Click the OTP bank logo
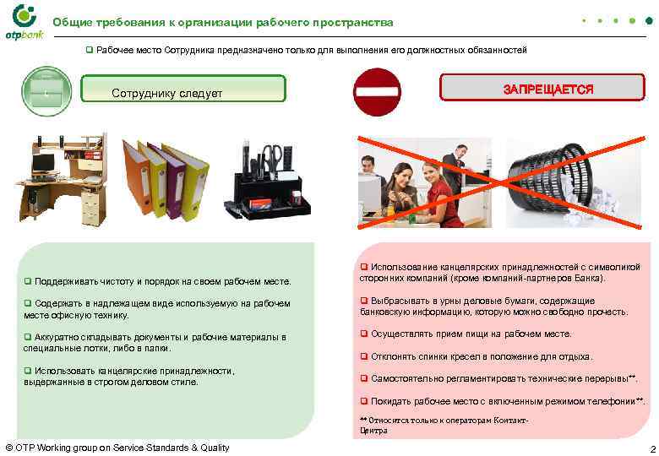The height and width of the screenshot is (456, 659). click(23, 21)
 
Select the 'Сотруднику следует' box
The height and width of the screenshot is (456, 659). click(182, 91)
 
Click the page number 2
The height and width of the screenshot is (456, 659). click(651, 448)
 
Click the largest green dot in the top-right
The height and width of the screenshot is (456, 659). click(649, 19)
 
